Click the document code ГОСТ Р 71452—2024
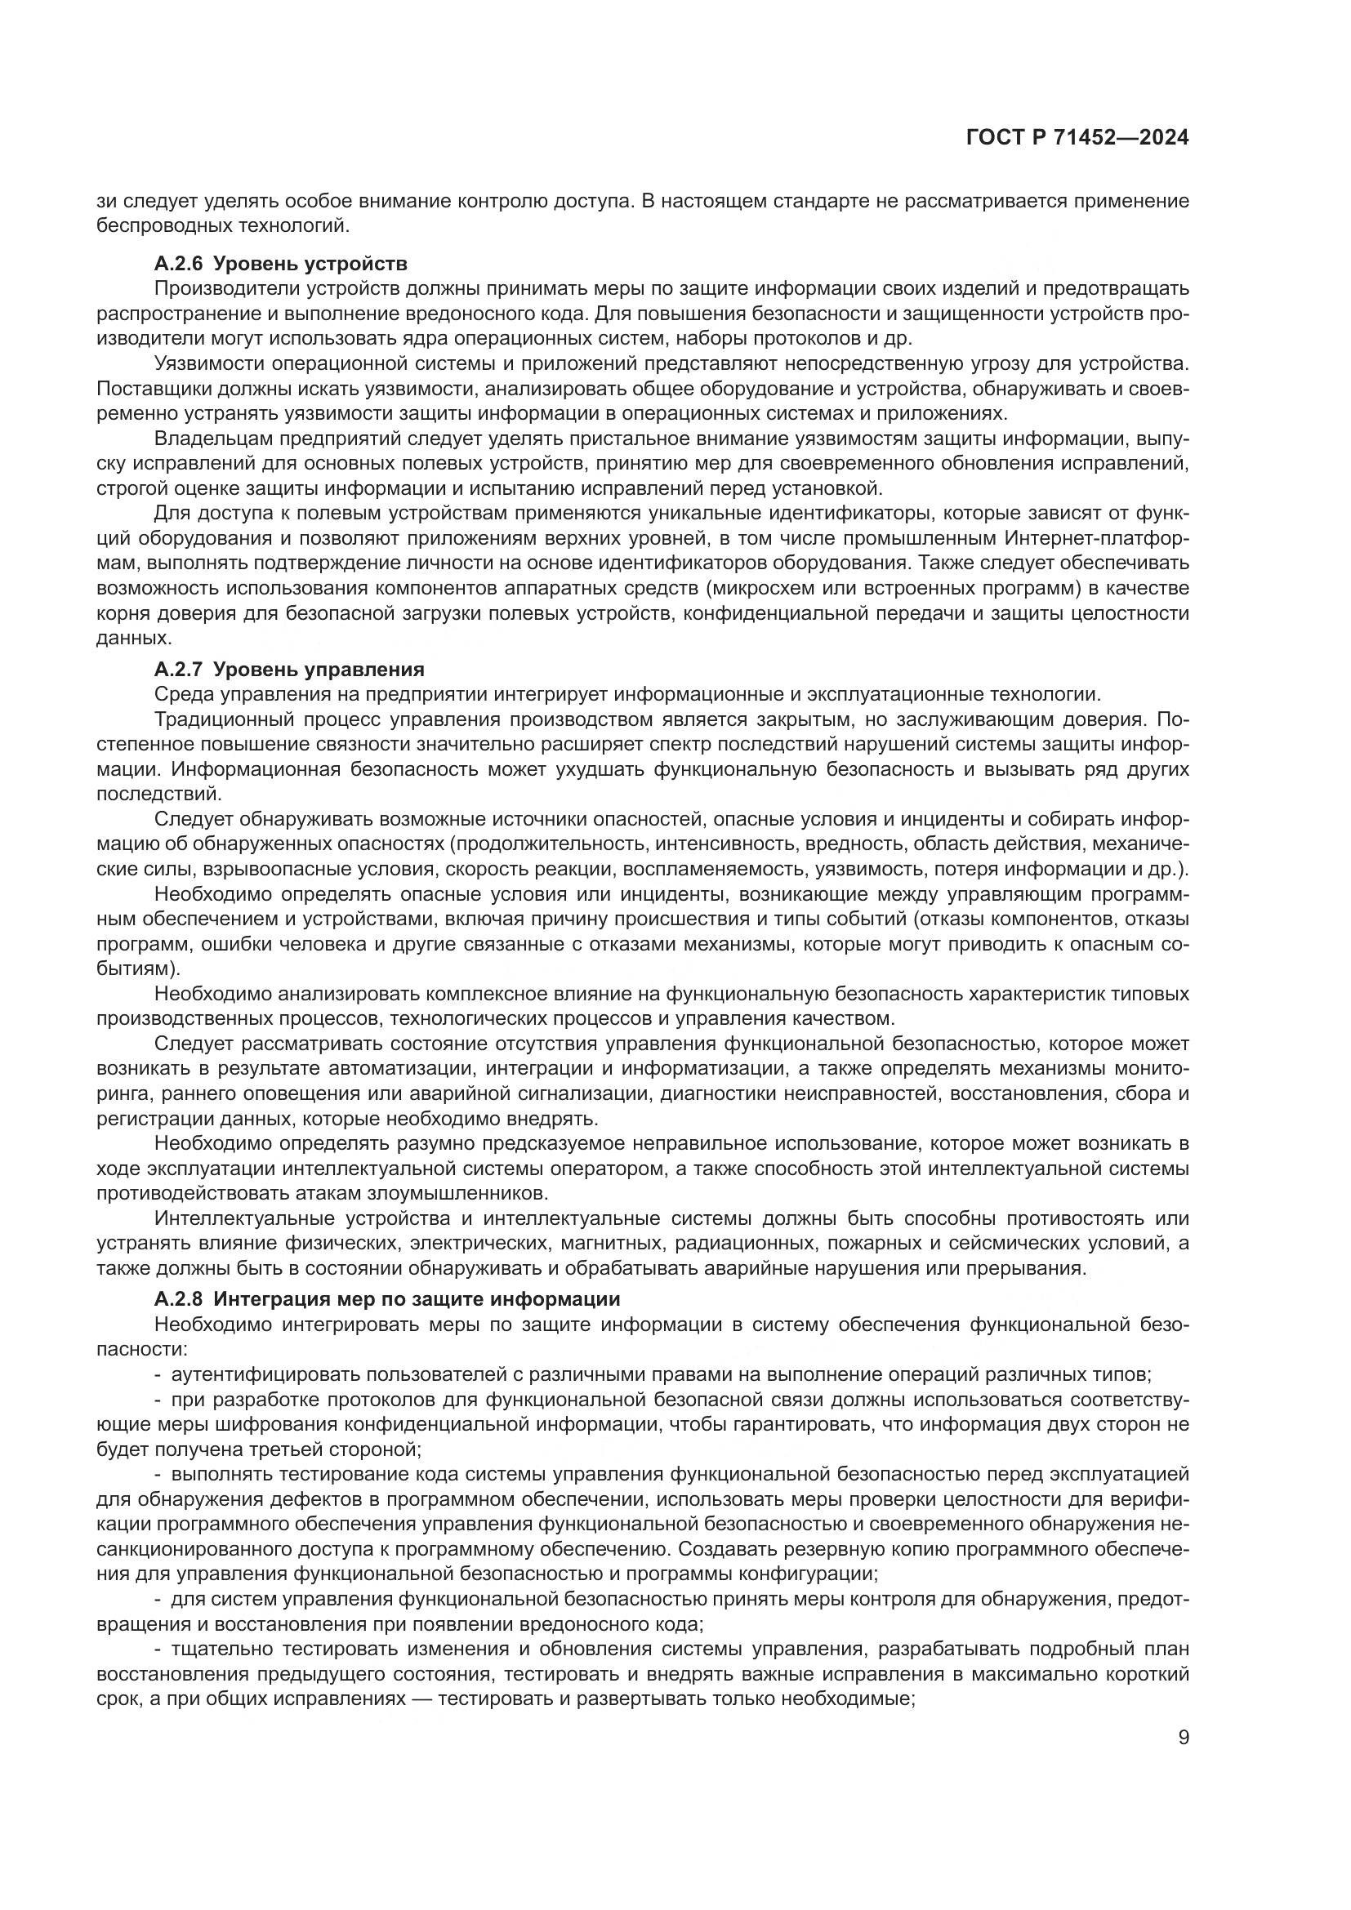coord(1077,138)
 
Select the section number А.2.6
coord(178,265)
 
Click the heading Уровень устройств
coord(310,265)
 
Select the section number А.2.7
coord(178,670)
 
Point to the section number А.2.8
coord(178,1299)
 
